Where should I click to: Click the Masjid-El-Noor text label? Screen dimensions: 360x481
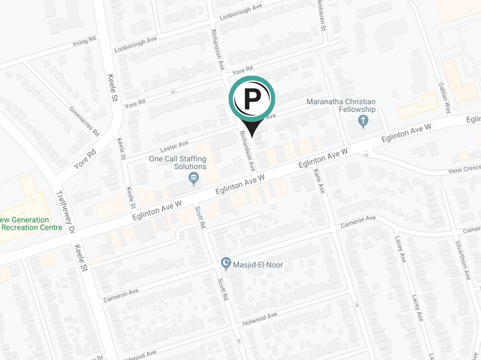pyautogui.click(x=258, y=265)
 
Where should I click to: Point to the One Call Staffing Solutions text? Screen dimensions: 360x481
pyautogui.click(x=177, y=162)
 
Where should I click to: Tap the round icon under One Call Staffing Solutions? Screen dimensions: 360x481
pyautogui.click(x=194, y=178)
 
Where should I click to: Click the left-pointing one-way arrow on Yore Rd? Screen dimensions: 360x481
pyautogui.click(x=174, y=92)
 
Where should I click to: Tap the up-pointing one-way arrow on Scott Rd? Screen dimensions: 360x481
pyautogui.click(x=239, y=340)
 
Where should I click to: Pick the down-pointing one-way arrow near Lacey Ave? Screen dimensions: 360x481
pyautogui.click(x=356, y=304)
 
